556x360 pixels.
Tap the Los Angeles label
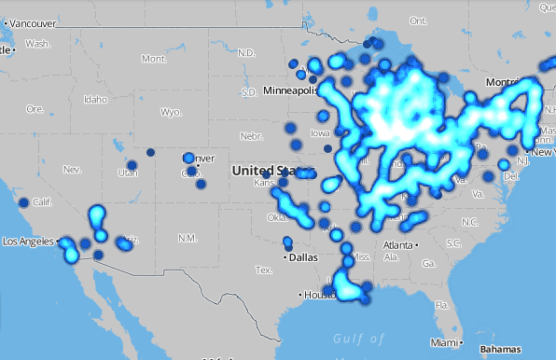click(x=29, y=242)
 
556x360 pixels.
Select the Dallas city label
click(x=302, y=256)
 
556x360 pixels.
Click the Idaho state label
click(x=95, y=99)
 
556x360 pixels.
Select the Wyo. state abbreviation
click(x=170, y=112)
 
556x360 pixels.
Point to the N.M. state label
click(x=188, y=238)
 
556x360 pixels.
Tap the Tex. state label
click(x=265, y=270)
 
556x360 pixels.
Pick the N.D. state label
click(x=245, y=53)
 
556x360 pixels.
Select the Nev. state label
click(x=72, y=169)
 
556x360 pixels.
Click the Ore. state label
click(x=35, y=108)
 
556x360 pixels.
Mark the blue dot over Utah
click(x=132, y=165)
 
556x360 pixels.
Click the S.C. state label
click(x=454, y=243)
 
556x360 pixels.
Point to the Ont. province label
click(x=417, y=20)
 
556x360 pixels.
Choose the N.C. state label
click(x=468, y=222)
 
